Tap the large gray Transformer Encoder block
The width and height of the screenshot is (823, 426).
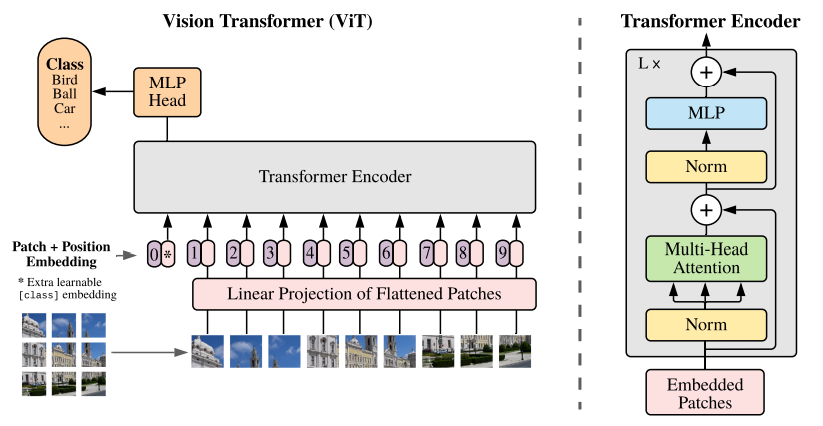tap(335, 176)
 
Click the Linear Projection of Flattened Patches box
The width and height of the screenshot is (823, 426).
tap(365, 294)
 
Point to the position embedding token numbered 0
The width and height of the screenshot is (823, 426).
tap(154, 254)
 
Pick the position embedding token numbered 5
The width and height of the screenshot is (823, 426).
tap(346, 254)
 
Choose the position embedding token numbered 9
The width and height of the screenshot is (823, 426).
tap(501, 254)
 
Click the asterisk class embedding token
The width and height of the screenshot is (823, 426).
tap(168, 254)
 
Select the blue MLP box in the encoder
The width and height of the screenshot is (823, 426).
tap(706, 114)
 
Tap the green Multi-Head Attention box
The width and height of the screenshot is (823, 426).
tap(706, 258)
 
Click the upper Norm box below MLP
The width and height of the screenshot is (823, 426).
tap(706, 166)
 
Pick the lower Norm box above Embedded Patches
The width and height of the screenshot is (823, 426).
tap(706, 326)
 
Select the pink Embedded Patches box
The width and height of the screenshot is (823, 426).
tap(706, 392)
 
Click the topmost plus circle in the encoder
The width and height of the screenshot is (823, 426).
tap(706, 72)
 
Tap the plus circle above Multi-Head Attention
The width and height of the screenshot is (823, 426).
tap(706, 210)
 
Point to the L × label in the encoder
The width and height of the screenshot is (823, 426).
tap(650, 63)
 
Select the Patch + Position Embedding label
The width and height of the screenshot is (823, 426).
tap(60, 254)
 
